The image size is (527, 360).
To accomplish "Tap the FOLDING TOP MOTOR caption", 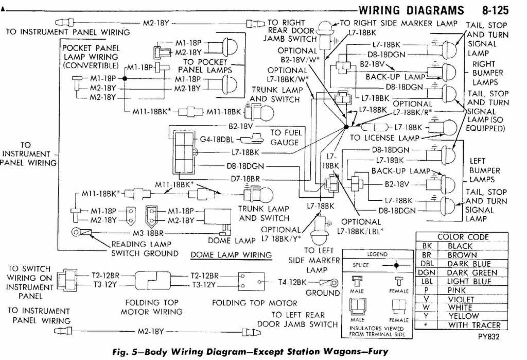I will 254,303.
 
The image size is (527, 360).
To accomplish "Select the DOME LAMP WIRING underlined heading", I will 231,255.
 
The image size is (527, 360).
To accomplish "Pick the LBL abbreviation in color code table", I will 427,281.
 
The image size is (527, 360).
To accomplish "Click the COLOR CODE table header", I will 463,237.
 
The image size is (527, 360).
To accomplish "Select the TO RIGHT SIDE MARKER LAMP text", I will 398,23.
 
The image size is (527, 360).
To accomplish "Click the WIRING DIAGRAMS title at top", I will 412,10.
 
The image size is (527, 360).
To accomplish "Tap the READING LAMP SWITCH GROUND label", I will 145,249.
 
